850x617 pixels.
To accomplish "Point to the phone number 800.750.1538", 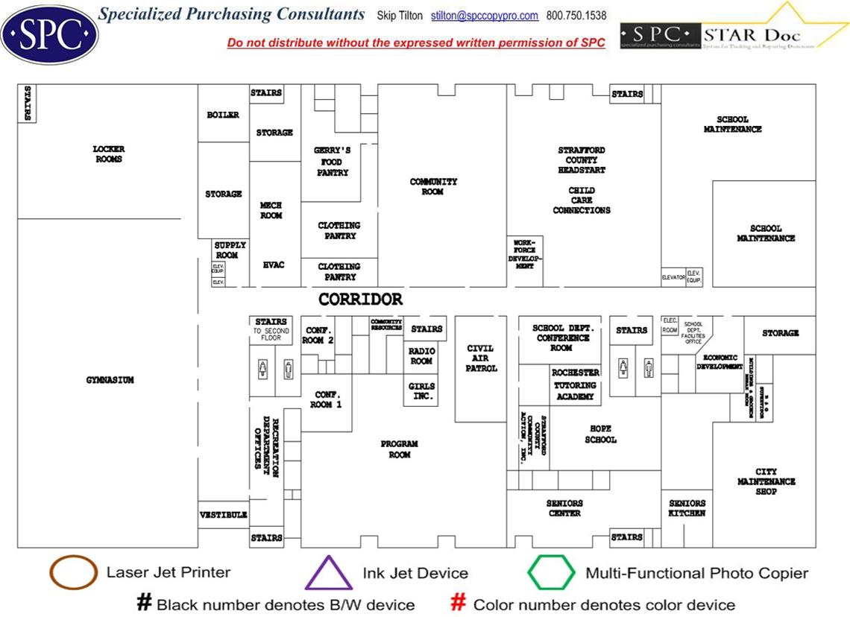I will [x=576, y=16].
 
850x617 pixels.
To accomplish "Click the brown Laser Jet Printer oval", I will [x=73, y=572].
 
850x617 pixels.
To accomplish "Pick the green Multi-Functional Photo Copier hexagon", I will [x=551, y=573].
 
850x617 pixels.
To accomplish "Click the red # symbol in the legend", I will [x=459, y=603].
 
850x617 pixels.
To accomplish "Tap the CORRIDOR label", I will [x=361, y=300].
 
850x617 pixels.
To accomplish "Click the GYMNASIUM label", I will [x=109, y=380].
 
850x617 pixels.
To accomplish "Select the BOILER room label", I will [x=223, y=115].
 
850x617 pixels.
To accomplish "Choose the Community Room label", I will [x=433, y=186].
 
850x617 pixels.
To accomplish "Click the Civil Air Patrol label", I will [x=481, y=358].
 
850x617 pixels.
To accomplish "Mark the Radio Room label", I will [x=421, y=356].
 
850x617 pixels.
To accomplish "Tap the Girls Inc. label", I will [x=421, y=392].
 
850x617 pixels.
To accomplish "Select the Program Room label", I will [x=399, y=449].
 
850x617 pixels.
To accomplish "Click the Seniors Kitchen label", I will [x=687, y=508].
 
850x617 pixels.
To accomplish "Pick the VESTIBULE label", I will [x=223, y=515].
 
